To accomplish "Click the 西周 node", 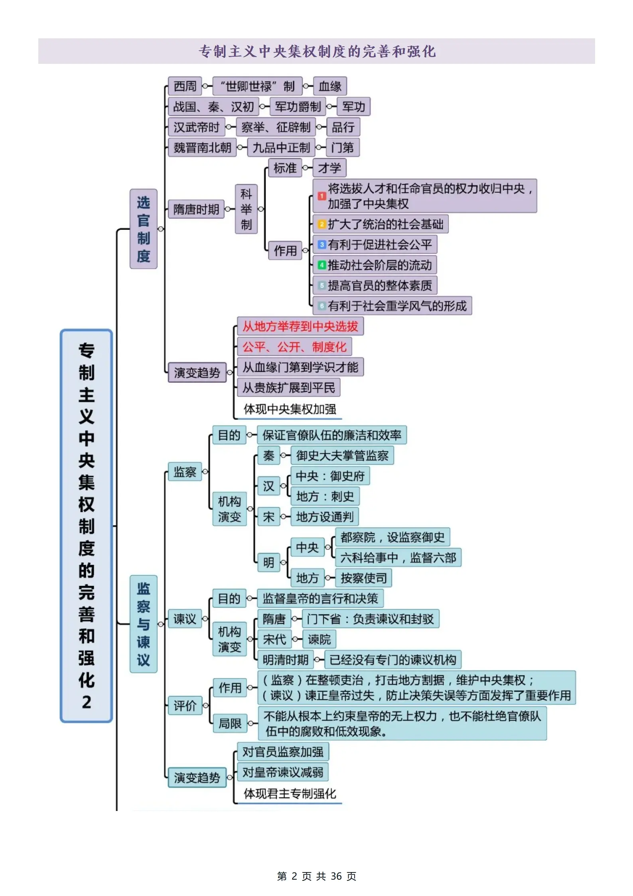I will pos(185,86).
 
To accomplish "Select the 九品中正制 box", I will pos(281,148).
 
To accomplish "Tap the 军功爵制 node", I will pos(298,107).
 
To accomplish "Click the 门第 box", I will pos(342,148).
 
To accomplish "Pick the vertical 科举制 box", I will pos(246,209).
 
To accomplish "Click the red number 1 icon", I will pos(321,196).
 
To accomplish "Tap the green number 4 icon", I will pos(321,265).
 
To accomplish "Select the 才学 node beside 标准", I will pos(329,168).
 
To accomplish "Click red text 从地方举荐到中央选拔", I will pos(300,326).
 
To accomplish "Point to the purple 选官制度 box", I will pos(143,229).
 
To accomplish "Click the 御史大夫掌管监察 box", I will pos(342,456).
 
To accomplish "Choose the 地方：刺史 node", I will pos(325,496).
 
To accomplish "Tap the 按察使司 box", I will pos(363,578).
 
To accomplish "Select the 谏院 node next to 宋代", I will pos(319,639).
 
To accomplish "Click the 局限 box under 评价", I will pos(230,723).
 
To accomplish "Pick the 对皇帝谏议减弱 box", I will pos(282,772).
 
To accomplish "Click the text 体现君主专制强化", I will pos(290,793).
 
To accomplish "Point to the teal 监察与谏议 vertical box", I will pos(143,624).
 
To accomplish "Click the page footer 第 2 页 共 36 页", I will pos(316,876).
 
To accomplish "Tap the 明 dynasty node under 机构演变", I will pos(268,562).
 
